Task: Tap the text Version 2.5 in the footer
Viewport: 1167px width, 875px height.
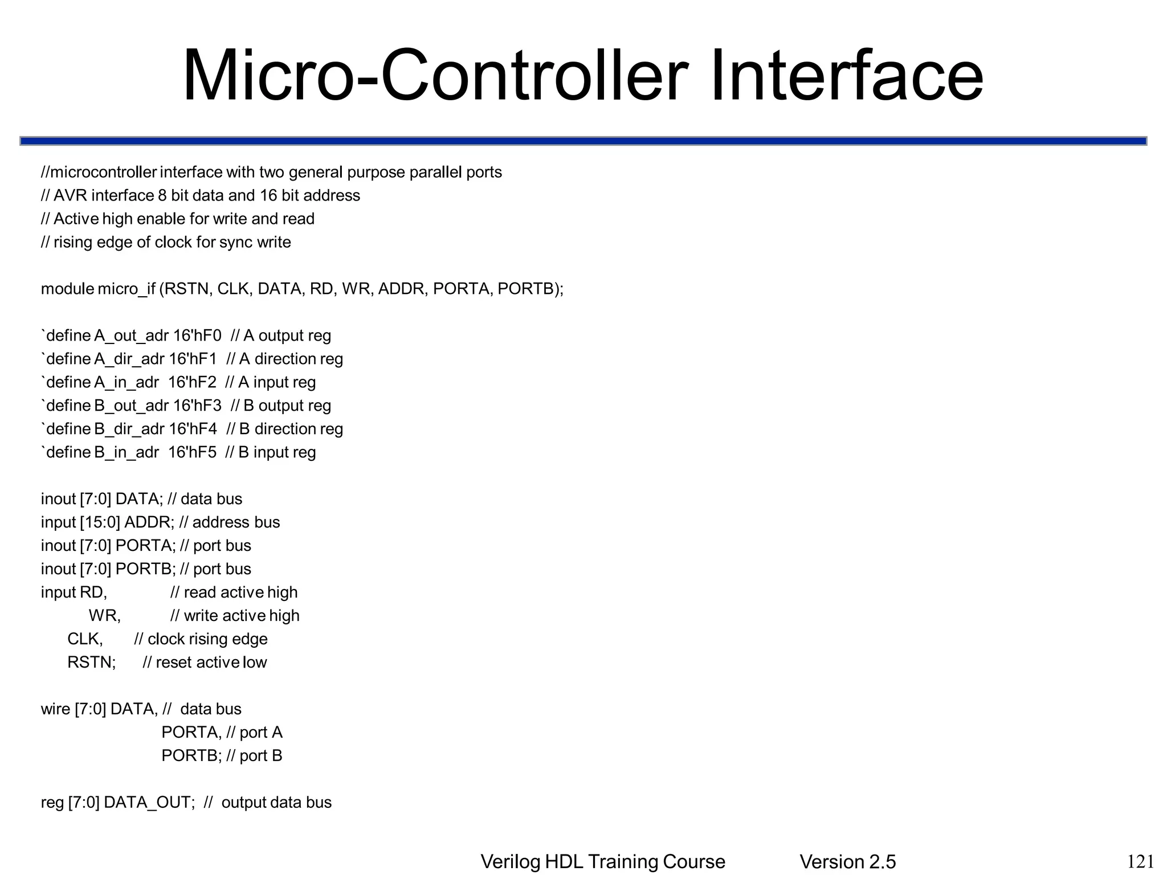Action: pyautogui.click(x=847, y=862)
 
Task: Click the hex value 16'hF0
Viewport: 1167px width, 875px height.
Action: pyautogui.click(x=197, y=336)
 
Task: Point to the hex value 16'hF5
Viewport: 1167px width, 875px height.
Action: pyautogui.click(x=193, y=452)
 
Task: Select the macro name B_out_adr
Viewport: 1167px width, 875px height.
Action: pyautogui.click(x=132, y=406)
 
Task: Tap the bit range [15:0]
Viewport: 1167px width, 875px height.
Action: pyautogui.click(x=100, y=522)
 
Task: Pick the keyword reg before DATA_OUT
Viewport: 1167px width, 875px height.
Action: pyautogui.click(x=52, y=803)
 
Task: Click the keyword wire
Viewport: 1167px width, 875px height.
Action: pyautogui.click(x=55, y=709)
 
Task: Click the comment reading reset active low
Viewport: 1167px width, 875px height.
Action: pyautogui.click(x=211, y=663)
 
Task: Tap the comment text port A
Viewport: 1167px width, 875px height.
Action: pyautogui.click(x=260, y=733)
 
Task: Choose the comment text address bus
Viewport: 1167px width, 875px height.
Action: pyautogui.click(x=236, y=522)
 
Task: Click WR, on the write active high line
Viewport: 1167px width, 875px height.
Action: pyautogui.click(x=105, y=616)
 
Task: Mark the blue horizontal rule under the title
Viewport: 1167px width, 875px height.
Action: pyautogui.click(x=583, y=141)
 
